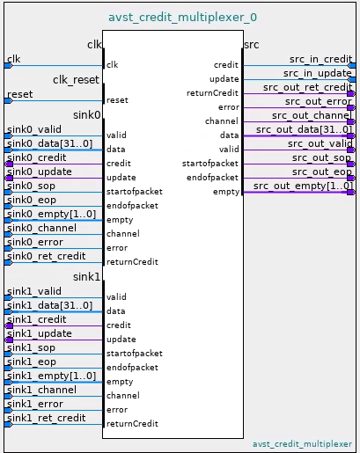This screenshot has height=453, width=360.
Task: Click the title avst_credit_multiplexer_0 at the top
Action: (x=182, y=18)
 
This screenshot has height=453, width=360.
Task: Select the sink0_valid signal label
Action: (x=34, y=129)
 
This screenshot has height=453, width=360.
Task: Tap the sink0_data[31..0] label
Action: (x=49, y=143)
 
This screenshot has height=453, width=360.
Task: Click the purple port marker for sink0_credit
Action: (x=9, y=164)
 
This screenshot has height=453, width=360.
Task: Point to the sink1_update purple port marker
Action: (x=9, y=340)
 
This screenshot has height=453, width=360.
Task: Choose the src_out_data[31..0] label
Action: (x=304, y=129)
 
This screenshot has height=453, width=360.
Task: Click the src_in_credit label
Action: (x=320, y=59)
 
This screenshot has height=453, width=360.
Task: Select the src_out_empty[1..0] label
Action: (x=303, y=186)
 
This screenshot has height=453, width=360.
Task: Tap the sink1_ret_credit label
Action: (x=47, y=418)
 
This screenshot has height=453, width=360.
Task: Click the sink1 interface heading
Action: (x=86, y=277)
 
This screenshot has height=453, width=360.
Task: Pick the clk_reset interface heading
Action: (x=76, y=80)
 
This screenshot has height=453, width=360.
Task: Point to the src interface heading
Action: (x=252, y=45)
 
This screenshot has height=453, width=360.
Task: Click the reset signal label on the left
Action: (x=20, y=94)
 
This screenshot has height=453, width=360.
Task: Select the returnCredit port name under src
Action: (x=212, y=93)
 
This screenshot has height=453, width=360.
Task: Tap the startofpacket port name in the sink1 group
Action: (x=135, y=354)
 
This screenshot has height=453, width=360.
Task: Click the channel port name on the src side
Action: (x=222, y=121)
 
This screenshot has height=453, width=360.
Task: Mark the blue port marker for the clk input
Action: (x=9, y=66)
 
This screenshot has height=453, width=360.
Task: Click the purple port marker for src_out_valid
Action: (x=351, y=150)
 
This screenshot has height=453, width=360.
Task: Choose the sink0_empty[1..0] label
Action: (x=51, y=214)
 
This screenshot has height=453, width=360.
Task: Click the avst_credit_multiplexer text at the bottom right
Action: (x=302, y=444)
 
